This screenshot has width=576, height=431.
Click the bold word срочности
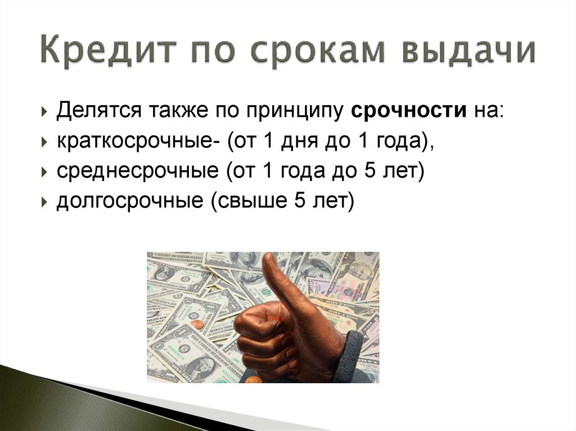point(408,110)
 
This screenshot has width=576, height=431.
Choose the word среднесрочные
point(138,171)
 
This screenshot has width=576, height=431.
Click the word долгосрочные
point(130,201)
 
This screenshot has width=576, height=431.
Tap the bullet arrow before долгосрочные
point(45,202)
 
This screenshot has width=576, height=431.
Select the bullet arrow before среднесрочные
point(45,172)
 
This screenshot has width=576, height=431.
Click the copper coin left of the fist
point(196,324)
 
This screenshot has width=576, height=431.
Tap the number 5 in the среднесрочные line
point(370,170)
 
